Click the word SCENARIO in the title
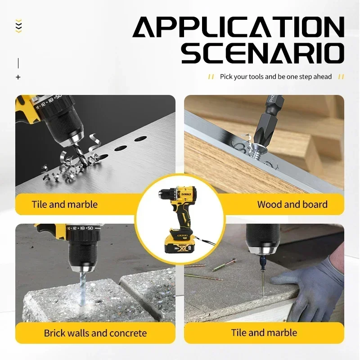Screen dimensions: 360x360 [262, 53]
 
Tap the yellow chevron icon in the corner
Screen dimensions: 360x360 [18, 26]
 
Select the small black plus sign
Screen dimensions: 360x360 [18, 77]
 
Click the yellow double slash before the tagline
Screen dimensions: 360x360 [211, 77]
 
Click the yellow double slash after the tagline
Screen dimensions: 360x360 [341, 77]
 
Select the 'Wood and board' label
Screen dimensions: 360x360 [292, 204]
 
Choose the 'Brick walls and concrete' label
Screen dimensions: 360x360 [95, 333]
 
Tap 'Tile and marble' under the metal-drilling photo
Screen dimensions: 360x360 [64, 204]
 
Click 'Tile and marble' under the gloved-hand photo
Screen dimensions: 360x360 [264, 333]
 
